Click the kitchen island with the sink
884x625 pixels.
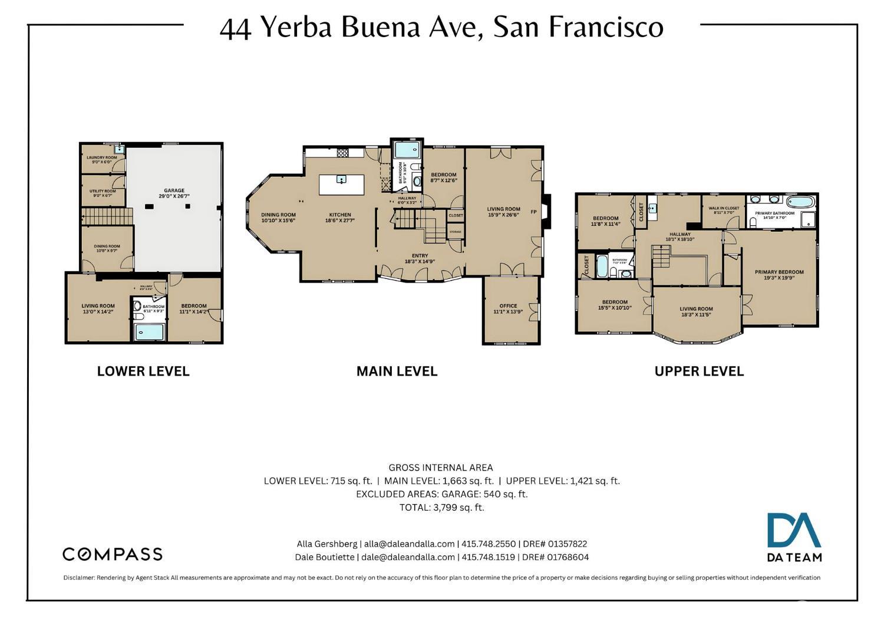pos(341,185)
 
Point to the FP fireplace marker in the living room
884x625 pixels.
pos(534,211)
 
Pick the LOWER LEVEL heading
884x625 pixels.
pos(143,371)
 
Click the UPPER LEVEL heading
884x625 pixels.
pos(699,371)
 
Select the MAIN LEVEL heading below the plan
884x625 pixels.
pos(397,371)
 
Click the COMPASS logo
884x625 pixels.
pos(113,554)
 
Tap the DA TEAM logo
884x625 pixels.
pos(794,537)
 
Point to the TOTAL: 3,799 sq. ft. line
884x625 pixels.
pos(441,507)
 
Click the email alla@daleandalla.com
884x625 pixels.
pos(409,544)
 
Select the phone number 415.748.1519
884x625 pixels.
pos(489,557)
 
